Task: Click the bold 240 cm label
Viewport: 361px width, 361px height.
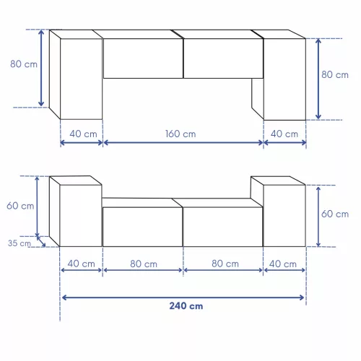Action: coord(186,306)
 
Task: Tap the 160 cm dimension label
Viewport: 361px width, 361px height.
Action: coord(180,134)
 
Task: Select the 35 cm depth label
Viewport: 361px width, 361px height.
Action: coord(19,243)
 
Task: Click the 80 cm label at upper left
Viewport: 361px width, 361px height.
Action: coord(24,64)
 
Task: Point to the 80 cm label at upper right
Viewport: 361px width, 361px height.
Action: coord(335,74)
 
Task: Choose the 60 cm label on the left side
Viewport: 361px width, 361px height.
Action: coord(20,206)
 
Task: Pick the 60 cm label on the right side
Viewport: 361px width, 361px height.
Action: coord(335,214)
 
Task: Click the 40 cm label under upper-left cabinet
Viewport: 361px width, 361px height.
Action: coord(83,134)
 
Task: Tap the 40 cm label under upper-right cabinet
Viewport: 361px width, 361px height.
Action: coord(284,134)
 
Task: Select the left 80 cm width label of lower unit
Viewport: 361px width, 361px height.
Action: coord(144,264)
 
